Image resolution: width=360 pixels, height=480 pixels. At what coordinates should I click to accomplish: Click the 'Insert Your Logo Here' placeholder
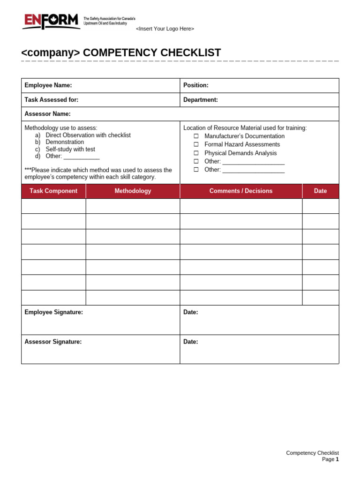[x=165, y=29]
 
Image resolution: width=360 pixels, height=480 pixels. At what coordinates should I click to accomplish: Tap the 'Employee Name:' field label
[x=48, y=85]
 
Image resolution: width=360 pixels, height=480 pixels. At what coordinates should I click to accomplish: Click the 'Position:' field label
[x=196, y=85]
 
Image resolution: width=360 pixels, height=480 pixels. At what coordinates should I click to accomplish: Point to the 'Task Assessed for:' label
[x=52, y=100]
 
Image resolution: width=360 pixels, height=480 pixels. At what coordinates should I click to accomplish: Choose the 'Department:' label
[x=201, y=100]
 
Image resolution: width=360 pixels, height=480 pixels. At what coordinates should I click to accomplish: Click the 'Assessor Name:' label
[x=48, y=114]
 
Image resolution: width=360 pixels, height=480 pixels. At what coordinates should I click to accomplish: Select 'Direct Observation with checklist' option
[x=88, y=135]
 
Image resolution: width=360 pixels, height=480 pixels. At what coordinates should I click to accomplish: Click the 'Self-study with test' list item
[x=70, y=149]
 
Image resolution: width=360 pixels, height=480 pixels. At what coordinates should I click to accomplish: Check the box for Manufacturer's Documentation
[x=196, y=136]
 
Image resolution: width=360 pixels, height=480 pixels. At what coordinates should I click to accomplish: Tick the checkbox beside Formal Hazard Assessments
[x=196, y=145]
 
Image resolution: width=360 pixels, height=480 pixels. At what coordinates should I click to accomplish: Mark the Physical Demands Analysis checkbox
[x=196, y=153]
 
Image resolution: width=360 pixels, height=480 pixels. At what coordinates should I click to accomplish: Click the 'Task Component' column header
[x=53, y=191]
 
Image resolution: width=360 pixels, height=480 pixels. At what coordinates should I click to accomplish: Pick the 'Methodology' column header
[x=133, y=191]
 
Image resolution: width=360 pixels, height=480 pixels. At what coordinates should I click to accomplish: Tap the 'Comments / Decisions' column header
[x=241, y=191]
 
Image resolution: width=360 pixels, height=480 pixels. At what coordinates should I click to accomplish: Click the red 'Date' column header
[x=321, y=191]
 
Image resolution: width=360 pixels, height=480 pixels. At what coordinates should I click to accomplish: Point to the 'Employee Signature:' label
[x=54, y=313]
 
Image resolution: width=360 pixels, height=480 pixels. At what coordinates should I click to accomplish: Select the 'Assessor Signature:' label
[x=53, y=342]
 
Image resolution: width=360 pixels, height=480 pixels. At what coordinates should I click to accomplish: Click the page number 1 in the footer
[x=337, y=460]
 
